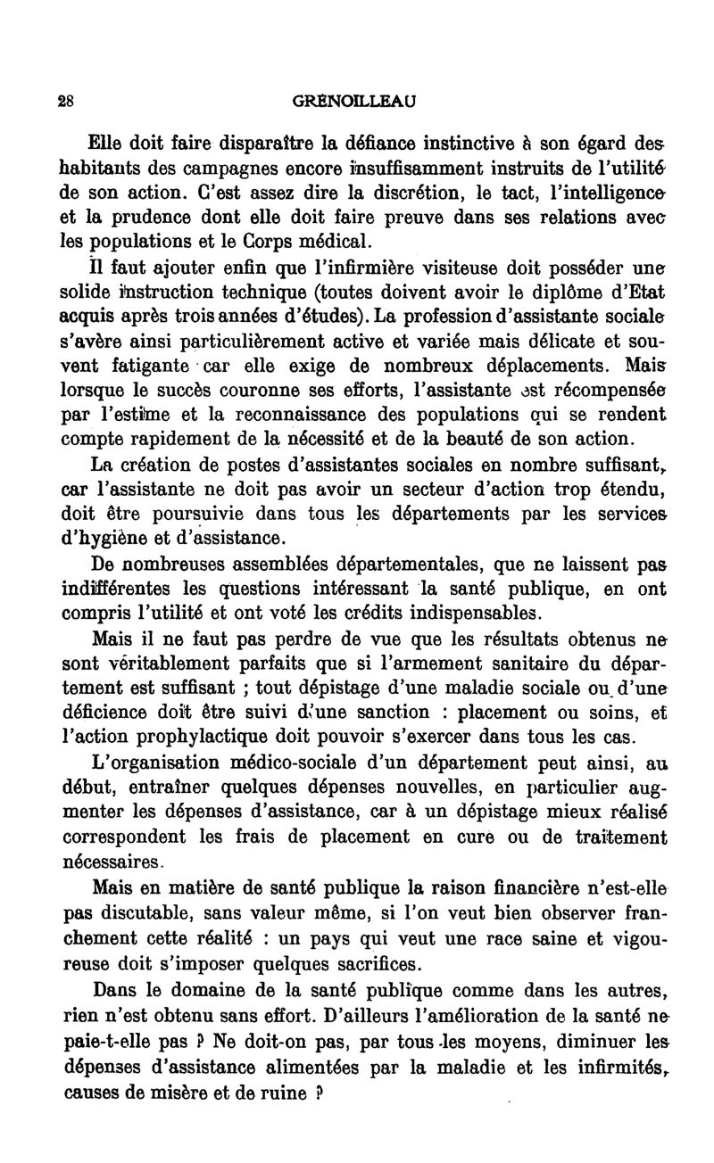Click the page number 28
(64, 102)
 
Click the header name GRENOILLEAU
(354, 102)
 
